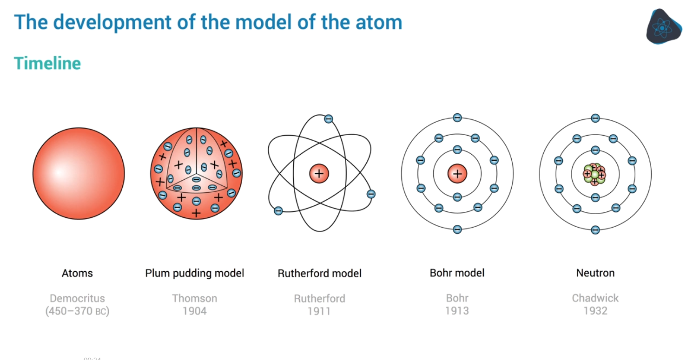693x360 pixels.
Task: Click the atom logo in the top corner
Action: (x=663, y=27)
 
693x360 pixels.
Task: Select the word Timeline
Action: (x=47, y=63)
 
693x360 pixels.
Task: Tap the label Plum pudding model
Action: (x=194, y=273)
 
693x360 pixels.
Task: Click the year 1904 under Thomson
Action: (x=194, y=311)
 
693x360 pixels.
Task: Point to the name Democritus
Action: (x=77, y=298)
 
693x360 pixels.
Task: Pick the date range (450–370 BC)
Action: (x=77, y=311)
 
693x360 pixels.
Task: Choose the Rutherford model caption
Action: (x=319, y=274)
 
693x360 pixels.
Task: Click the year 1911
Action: (x=319, y=311)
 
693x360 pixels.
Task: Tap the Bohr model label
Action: (x=457, y=273)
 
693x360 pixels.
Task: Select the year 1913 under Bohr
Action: (x=457, y=311)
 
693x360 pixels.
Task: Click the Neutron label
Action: (x=595, y=273)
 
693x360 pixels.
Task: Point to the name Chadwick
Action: (x=595, y=298)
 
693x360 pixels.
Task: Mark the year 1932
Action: (x=595, y=311)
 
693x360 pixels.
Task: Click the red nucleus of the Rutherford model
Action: (x=319, y=174)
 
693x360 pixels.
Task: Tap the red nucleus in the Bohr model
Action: (x=457, y=174)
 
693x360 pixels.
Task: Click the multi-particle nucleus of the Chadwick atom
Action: (x=595, y=174)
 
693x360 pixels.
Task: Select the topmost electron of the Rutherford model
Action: (x=328, y=119)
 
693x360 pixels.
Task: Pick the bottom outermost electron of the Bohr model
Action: (x=457, y=229)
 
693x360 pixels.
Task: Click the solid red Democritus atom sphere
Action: (x=79, y=173)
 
